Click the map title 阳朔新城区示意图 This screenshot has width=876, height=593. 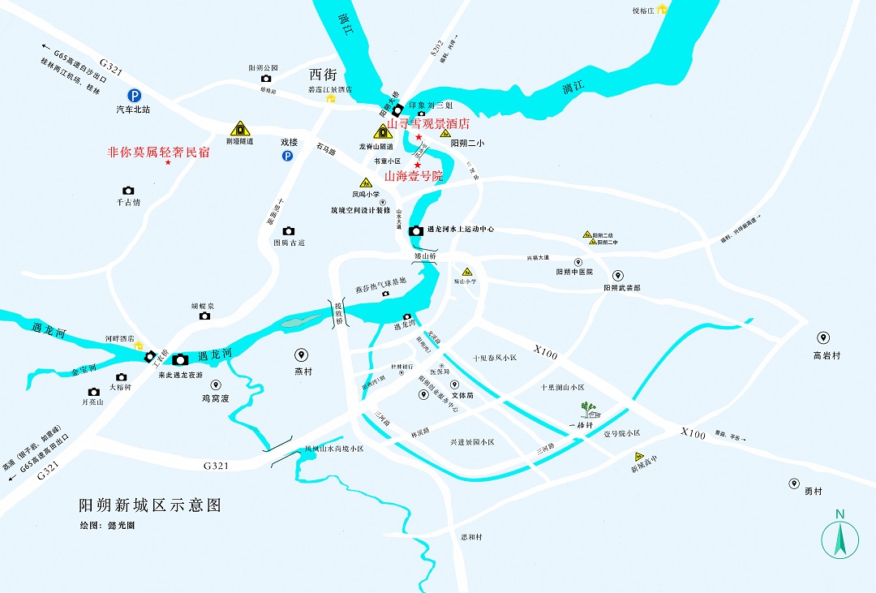(149, 505)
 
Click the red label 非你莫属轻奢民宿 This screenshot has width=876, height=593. (159, 151)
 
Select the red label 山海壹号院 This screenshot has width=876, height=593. (414, 175)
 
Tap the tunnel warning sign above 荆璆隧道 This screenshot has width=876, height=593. (239, 128)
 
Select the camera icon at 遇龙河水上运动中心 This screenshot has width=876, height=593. (416, 230)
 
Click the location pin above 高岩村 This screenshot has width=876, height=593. (823, 337)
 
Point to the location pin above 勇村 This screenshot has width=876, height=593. (794, 483)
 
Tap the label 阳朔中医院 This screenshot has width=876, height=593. (574, 272)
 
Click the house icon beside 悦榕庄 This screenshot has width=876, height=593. (662, 9)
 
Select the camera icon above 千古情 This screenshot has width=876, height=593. (128, 191)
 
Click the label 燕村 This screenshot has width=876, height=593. (303, 372)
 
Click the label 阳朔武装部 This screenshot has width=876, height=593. (621, 288)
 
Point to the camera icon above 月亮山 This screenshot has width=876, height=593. (94, 392)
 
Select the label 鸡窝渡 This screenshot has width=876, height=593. (216, 398)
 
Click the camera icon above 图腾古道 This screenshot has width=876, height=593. (289, 231)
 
